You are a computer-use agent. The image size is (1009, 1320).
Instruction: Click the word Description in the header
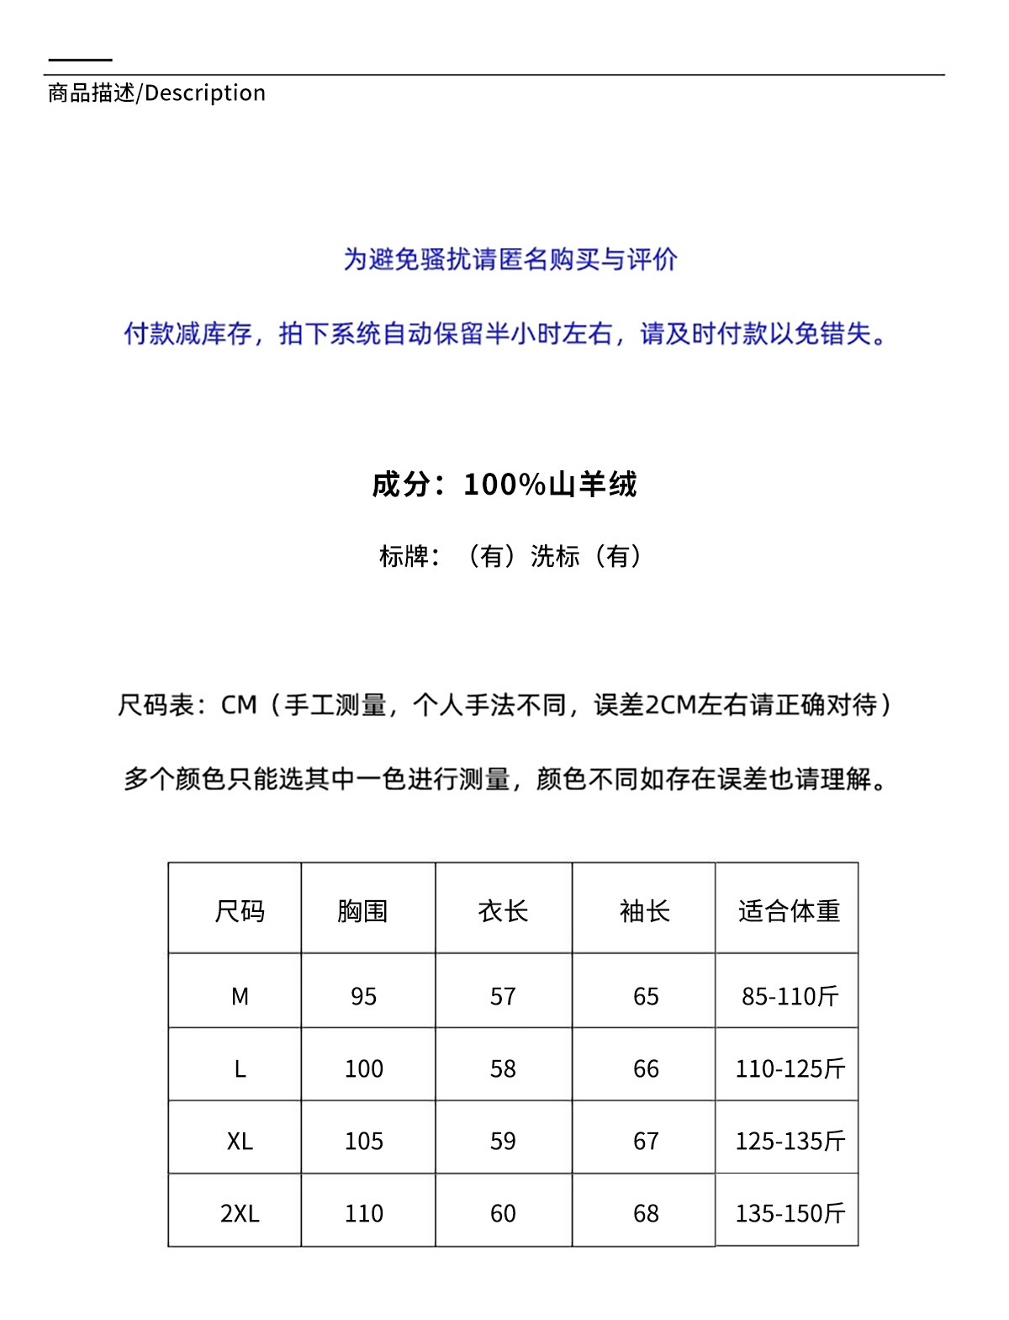[205, 93]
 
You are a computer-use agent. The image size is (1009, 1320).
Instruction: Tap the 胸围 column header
[362, 910]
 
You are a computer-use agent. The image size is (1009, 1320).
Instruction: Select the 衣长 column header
[503, 910]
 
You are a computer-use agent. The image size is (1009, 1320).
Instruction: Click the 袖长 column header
[645, 910]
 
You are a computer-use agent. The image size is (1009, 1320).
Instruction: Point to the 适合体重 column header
[789, 910]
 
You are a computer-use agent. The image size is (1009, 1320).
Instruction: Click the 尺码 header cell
[240, 910]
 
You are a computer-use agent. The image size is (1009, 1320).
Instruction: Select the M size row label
[240, 996]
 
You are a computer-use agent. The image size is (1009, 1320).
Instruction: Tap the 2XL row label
[240, 1213]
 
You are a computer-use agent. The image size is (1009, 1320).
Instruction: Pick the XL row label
[240, 1141]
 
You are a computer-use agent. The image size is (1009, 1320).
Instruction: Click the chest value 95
[363, 996]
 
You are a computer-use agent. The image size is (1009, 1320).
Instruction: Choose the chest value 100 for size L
[363, 1068]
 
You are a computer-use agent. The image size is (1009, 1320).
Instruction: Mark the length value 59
[503, 1141]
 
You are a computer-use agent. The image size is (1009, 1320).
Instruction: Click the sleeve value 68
[646, 1213]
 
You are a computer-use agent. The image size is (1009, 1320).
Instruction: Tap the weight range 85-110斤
[790, 996]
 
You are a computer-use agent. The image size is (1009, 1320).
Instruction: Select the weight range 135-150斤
[790, 1213]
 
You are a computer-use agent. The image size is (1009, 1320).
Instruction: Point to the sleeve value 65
[646, 996]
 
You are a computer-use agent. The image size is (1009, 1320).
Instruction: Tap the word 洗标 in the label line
[555, 556]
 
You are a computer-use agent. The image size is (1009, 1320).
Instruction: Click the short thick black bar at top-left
[80, 60]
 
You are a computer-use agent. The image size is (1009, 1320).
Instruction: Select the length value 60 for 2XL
[503, 1213]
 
